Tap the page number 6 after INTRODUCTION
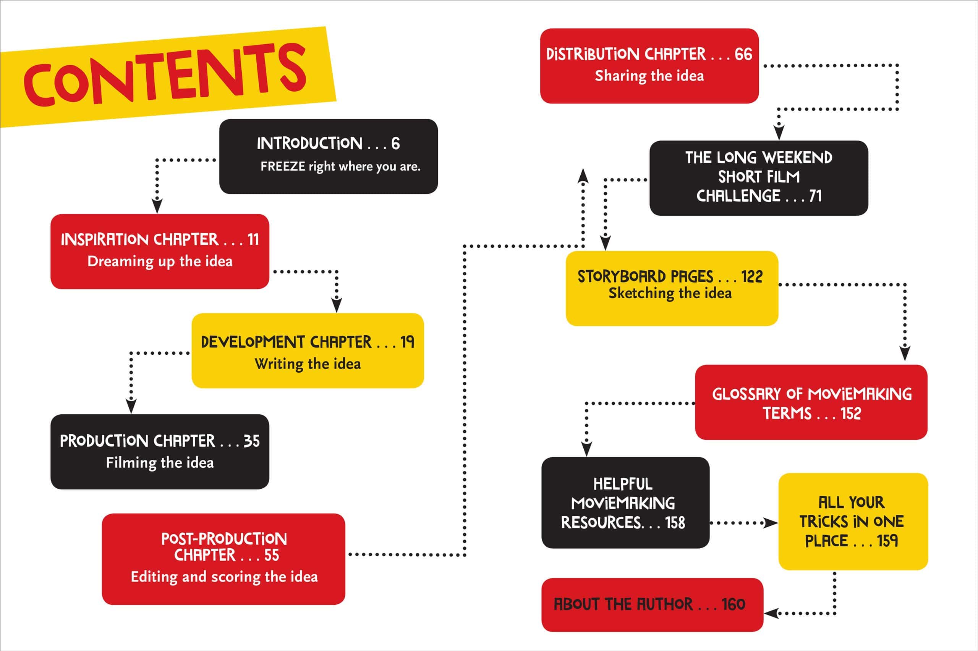click(x=395, y=144)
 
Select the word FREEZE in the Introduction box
click(x=283, y=166)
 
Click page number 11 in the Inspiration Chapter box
click(x=253, y=239)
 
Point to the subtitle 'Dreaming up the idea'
click(x=160, y=262)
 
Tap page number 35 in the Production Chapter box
click(x=252, y=441)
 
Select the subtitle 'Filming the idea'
click(x=160, y=463)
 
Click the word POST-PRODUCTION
click(x=224, y=539)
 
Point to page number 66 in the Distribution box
click(x=743, y=54)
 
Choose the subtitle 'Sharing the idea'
click(x=649, y=76)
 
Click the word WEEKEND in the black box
click(x=797, y=158)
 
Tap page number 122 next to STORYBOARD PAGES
click(x=752, y=276)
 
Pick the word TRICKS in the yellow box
click(x=824, y=522)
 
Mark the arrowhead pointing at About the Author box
click(x=770, y=613)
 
